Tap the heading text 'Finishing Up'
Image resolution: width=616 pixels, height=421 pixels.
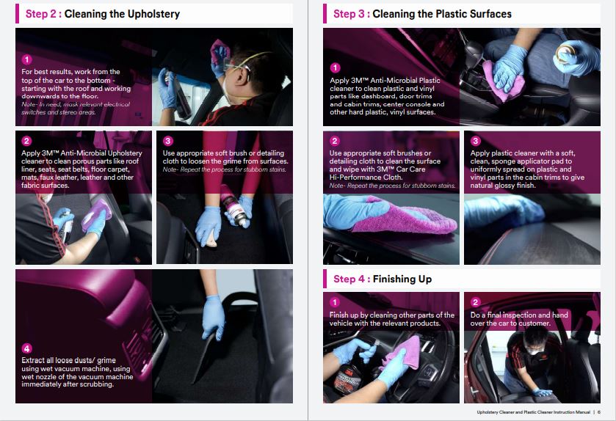[x=402, y=279]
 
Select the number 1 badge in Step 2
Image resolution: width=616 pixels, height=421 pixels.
[x=26, y=59]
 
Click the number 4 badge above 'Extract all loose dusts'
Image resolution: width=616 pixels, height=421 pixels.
[x=26, y=348]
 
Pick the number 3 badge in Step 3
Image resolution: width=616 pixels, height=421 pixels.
[x=475, y=141]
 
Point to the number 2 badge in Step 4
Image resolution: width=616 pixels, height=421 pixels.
[x=475, y=301]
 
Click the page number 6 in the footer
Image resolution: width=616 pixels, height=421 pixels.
[x=599, y=412]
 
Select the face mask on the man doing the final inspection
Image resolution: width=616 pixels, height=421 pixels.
[x=535, y=352]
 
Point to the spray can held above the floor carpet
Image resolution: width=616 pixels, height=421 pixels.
[x=236, y=207]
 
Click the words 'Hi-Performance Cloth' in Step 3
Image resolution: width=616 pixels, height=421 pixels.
[x=366, y=177]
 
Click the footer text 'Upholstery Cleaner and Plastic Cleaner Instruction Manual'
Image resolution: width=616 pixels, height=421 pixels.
[x=534, y=412]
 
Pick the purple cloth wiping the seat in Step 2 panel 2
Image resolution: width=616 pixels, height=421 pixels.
[x=96, y=215]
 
